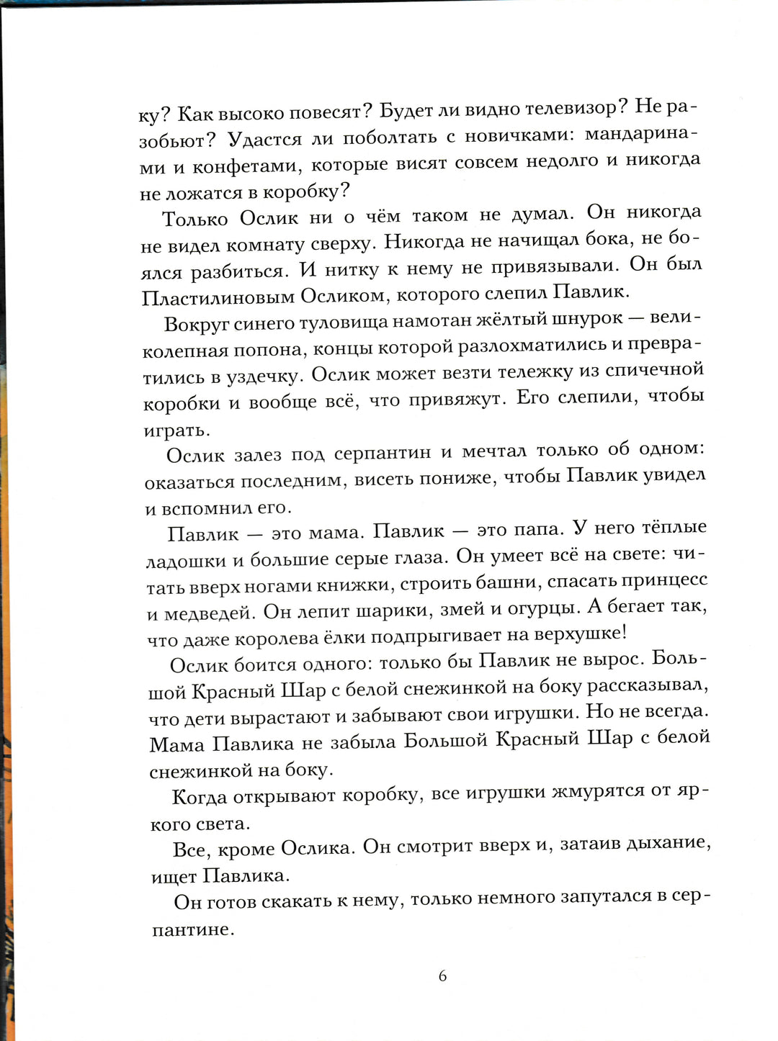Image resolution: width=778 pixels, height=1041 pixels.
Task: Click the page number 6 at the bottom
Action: coord(442,976)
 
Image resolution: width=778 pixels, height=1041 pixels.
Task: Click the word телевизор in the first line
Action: coord(571,108)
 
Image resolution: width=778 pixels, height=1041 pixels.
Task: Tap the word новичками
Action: coord(517,135)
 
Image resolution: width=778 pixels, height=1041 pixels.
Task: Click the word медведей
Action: coord(210,613)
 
